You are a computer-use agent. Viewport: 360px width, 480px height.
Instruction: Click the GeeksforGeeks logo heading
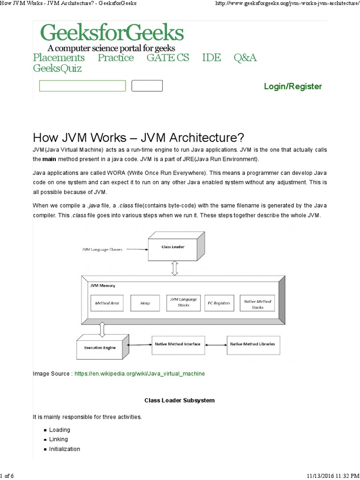[112, 33]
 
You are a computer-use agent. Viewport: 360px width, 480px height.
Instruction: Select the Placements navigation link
[59, 58]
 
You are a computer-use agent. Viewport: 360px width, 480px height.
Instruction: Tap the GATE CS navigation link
[168, 58]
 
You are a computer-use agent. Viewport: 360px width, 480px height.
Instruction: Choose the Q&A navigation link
[245, 58]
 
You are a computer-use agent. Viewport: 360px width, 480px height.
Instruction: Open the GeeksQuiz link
[57, 68]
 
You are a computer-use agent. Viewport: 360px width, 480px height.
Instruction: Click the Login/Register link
[293, 86]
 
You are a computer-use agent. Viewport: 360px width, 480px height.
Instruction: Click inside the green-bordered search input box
[82, 86]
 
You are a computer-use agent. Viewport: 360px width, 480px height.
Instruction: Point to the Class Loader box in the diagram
[173, 247]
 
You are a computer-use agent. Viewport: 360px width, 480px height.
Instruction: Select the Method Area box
[107, 303]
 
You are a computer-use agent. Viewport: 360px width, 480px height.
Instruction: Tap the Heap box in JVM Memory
[145, 303]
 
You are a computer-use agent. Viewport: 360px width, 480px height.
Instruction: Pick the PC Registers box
[219, 303]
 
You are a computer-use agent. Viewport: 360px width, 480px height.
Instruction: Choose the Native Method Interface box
[177, 344]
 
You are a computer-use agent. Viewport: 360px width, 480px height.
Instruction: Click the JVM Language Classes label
[102, 250]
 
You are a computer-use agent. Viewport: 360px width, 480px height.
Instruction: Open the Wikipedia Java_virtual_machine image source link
[140, 374]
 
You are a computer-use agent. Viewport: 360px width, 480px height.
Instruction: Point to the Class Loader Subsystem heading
[180, 400]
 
